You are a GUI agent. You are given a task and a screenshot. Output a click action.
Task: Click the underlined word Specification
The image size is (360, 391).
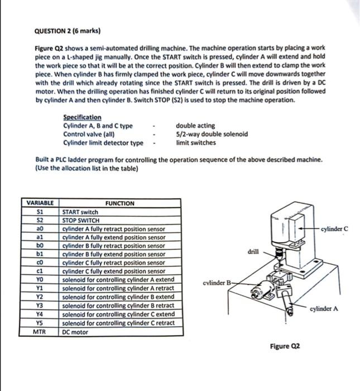tap(82, 117)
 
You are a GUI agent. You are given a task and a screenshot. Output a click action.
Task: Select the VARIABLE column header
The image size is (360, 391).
tap(40, 203)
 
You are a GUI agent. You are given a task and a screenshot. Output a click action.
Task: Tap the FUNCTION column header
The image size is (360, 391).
tap(119, 203)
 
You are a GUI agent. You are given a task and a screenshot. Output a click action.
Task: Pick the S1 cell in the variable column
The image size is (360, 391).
tap(40, 212)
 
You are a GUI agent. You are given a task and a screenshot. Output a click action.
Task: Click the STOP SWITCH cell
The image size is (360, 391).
tap(81, 220)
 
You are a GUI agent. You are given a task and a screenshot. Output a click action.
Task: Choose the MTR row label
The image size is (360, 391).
tap(40, 332)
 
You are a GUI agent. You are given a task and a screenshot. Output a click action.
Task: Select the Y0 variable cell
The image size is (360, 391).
tap(40, 279)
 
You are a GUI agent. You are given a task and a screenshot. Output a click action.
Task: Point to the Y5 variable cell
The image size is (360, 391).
tap(40, 323)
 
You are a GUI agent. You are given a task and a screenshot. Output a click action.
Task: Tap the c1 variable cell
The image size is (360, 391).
tap(40, 270)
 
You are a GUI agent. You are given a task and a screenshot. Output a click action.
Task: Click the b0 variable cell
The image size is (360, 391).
tap(40, 245)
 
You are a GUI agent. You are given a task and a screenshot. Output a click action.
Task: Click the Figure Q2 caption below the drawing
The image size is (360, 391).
tap(285, 346)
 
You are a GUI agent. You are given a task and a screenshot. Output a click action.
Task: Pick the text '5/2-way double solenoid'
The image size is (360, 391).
tap(212, 134)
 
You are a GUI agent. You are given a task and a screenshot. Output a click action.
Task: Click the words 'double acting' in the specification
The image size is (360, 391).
tap(195, 126)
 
